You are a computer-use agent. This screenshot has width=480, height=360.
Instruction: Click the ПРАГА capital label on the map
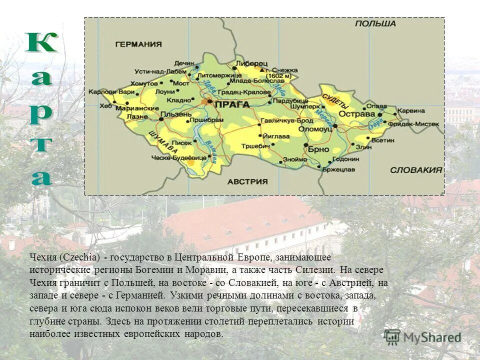click(x=232, y=104)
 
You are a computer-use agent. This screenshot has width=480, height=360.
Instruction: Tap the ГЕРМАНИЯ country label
click(x=138, y=44)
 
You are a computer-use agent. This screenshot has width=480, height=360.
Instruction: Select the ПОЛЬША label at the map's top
click(x=375, y=23)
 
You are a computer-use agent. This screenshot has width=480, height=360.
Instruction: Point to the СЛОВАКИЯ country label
click(x=416, y=169)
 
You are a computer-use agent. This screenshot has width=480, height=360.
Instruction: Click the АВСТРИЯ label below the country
click(x=247, y=181)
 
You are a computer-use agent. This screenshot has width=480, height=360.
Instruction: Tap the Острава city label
click(x=357, y=114)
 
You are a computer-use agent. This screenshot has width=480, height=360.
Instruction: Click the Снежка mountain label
click(x=287, y=70)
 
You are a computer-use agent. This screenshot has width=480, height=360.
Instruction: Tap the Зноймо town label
click(x=291, y=159)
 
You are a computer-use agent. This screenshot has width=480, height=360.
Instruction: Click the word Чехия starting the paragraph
click(x=43, y=257)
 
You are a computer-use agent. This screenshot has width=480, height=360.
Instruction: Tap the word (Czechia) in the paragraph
click(x=80, y=257)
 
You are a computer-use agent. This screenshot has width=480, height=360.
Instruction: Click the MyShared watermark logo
click(x=422, y=337)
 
